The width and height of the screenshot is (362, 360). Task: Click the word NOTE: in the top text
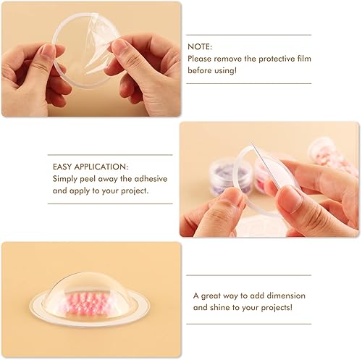198,44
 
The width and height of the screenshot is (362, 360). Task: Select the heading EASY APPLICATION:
90,165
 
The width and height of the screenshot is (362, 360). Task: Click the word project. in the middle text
131,191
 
